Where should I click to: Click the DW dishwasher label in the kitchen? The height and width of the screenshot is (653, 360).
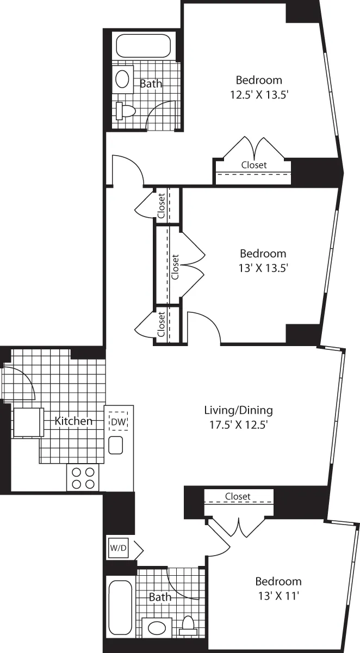[118, 421]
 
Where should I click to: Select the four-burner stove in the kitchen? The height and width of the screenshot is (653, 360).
[83, 478]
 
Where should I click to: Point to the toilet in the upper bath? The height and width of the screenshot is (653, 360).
[125, 110]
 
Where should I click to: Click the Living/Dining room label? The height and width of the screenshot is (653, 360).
[238, 410]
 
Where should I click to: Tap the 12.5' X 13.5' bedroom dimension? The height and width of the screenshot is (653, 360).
[258, 93]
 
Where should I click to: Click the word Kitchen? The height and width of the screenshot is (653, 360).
[73, 421]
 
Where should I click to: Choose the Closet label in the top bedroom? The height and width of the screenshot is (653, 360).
[254, 164]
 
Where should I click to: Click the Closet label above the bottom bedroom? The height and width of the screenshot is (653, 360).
[238, 496]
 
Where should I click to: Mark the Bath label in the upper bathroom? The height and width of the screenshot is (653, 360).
[151, 84]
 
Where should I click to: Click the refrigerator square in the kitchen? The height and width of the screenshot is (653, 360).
[28, 423]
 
